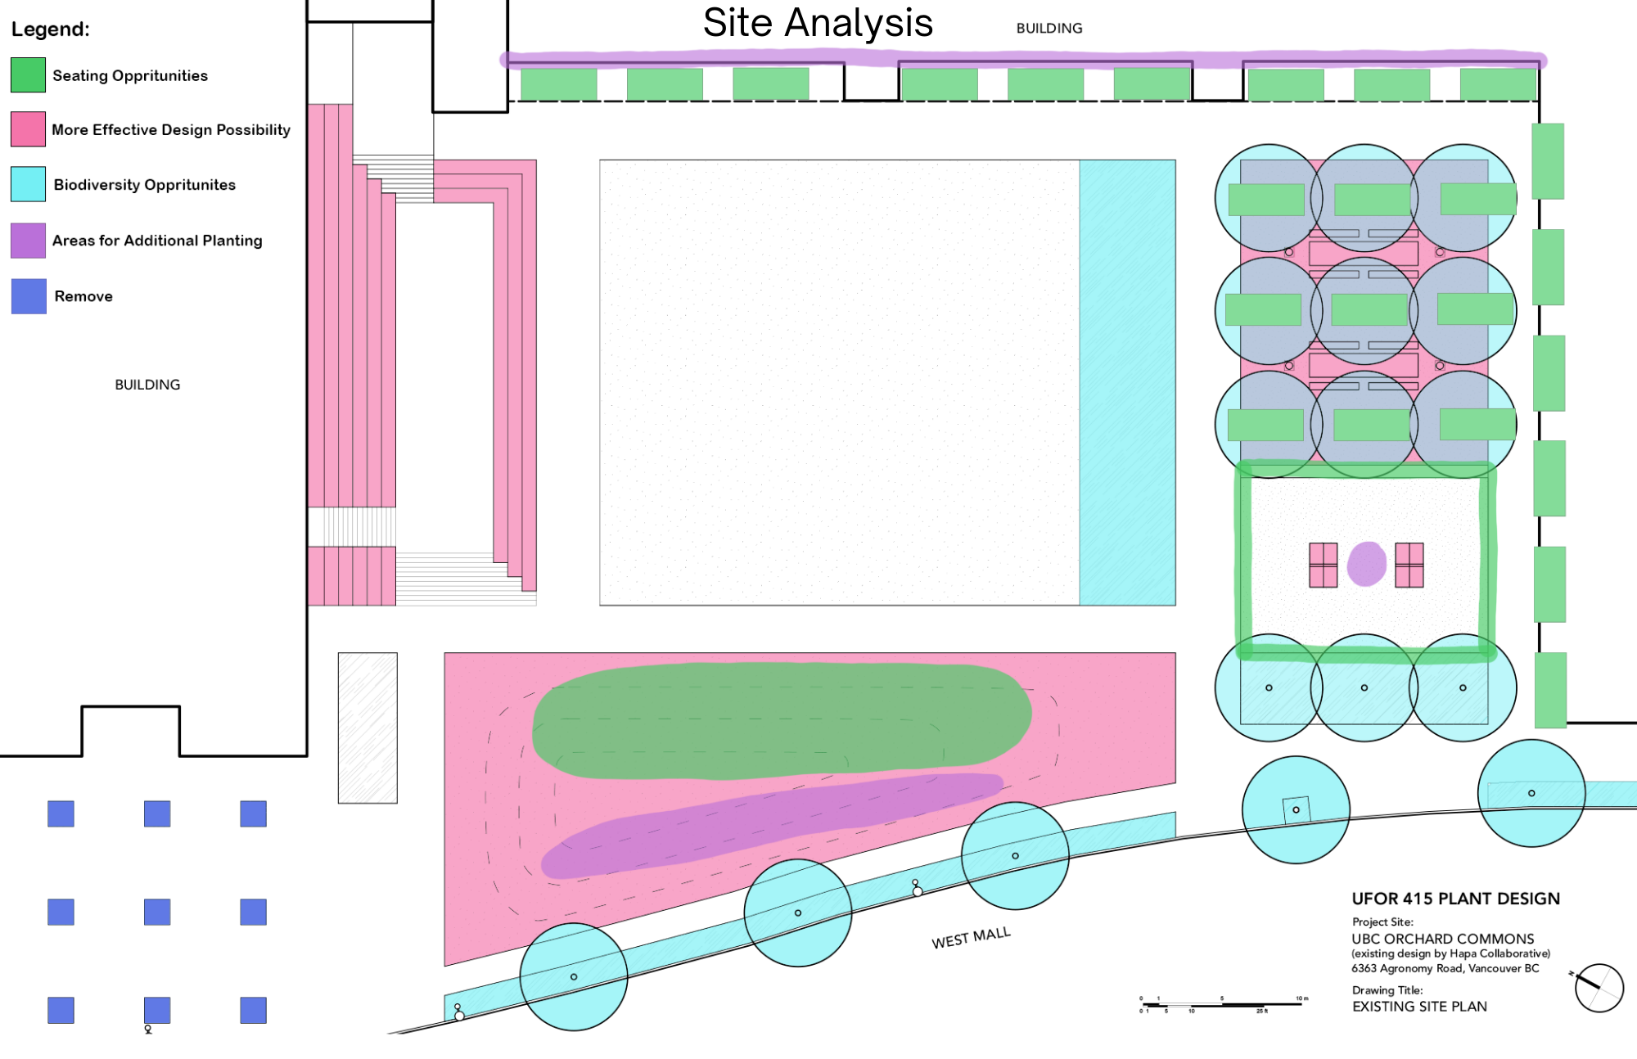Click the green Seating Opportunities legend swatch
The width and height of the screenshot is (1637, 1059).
(28, 74)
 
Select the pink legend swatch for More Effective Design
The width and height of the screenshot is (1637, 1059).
(28, 129)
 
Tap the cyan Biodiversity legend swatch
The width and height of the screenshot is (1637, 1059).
(28, 184)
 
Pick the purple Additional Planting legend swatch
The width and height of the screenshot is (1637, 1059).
(28, 241)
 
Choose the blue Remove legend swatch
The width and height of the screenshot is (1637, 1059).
(29, 296)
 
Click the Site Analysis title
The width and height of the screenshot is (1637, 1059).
(818, 23)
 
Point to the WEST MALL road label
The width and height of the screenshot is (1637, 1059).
(971, 938)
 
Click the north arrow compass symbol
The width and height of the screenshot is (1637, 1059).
(1599, 988)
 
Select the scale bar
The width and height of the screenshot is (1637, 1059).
(1223, 1004)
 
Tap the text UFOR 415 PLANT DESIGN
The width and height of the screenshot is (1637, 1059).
(1455, 899)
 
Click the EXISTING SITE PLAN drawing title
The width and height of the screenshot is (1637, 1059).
(1419, 1007)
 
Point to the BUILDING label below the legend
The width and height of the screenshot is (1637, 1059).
(147, 385)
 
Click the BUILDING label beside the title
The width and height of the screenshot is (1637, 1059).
(1048, 29)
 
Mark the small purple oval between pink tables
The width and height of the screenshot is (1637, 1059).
(1366, 564)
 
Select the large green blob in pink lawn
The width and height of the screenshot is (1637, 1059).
(782, 720)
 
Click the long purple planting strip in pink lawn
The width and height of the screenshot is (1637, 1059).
(769, 822)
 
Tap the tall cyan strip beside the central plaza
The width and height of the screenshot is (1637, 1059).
(1127, 382)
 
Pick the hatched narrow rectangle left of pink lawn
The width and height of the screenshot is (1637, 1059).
(368, 728)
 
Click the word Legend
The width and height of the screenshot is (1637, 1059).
(50, 29)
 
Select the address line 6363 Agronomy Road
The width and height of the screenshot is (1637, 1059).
(1445, 968)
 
